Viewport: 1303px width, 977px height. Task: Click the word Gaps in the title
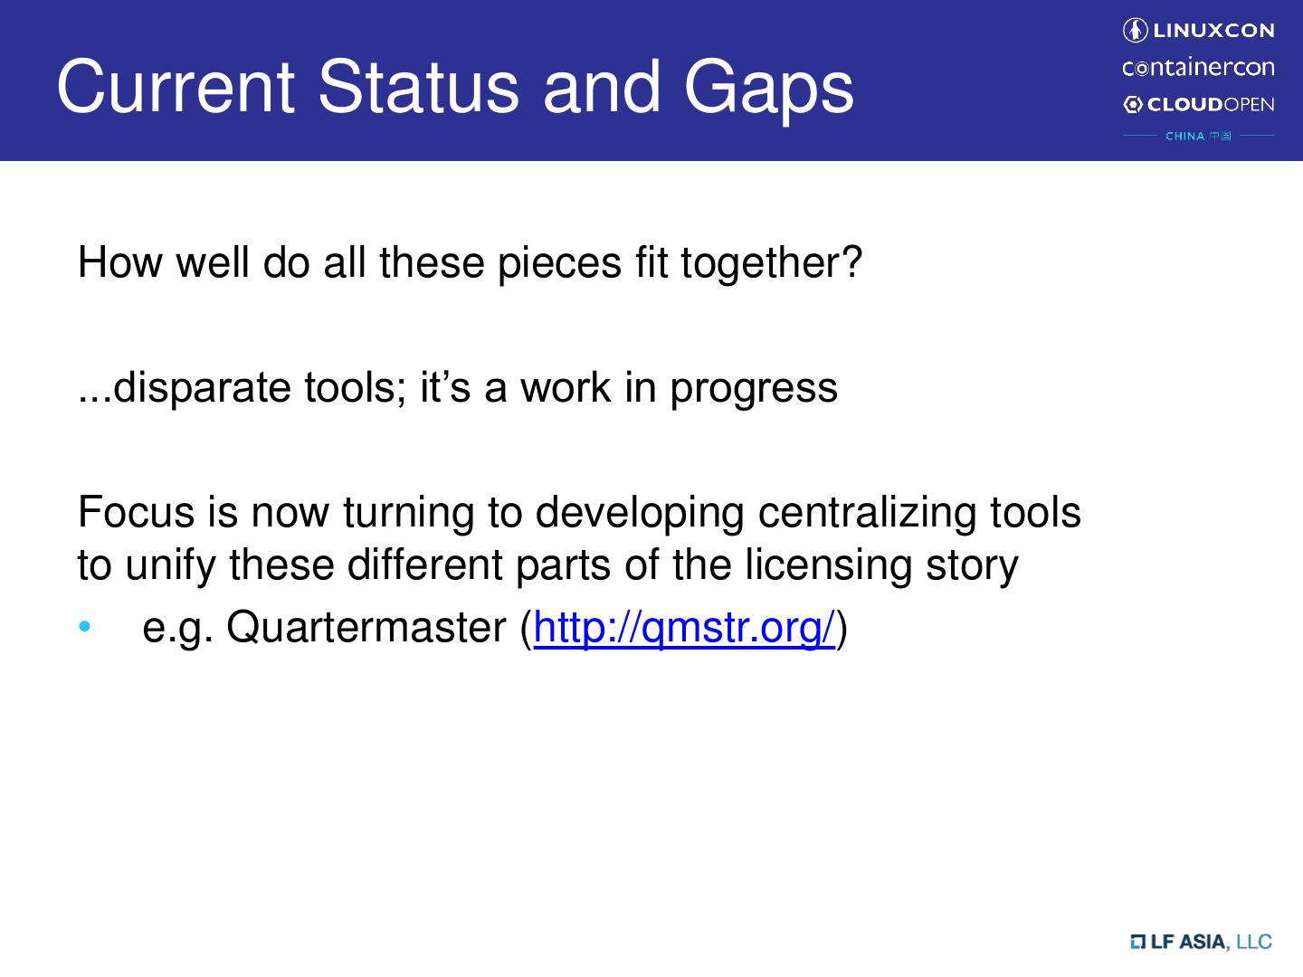[x=769, y=89]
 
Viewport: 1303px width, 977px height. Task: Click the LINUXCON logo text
[x=1213, y=30]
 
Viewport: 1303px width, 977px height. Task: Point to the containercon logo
[x=1198, y=67]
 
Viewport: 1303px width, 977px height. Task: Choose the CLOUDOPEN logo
[x=1199, y=104]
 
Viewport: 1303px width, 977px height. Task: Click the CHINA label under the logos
[x=1184, y=136]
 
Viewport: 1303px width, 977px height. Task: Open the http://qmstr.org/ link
[x=684, y=628]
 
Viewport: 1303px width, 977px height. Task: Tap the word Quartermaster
[x=366, y=627]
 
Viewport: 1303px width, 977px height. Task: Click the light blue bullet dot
[x=85, y=626]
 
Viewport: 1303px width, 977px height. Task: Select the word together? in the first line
[x=771, y=262]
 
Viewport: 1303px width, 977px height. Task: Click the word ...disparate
[x=185, y=387]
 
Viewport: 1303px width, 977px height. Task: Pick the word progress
[x=754, y=389]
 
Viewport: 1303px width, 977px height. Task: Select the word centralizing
[x=867, y=513]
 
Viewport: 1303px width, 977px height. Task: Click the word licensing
[x=828, y=565]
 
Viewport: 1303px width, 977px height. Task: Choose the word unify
[x=170, y=565]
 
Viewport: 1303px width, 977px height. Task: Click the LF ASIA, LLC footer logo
[x=1201, y=942]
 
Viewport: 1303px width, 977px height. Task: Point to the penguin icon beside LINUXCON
[x=1135, y=30]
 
